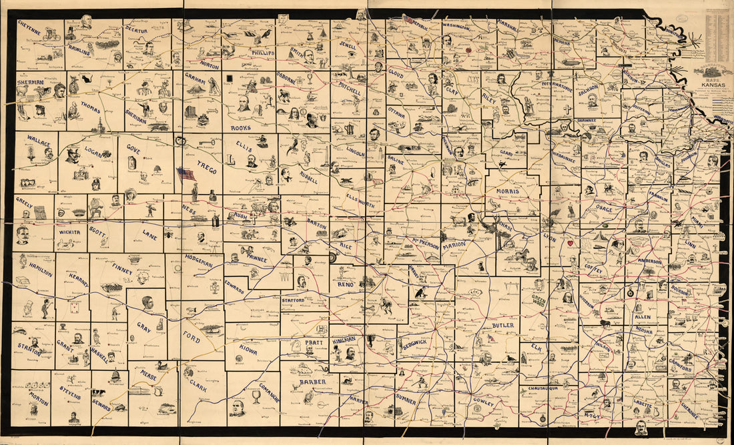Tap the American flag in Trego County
tap(185, 173)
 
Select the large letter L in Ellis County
tap(232, 160)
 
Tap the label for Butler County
tap(503, 326)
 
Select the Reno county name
tap(346, 285)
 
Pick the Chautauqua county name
tap(547, 388)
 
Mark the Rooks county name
tap(240, 127)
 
